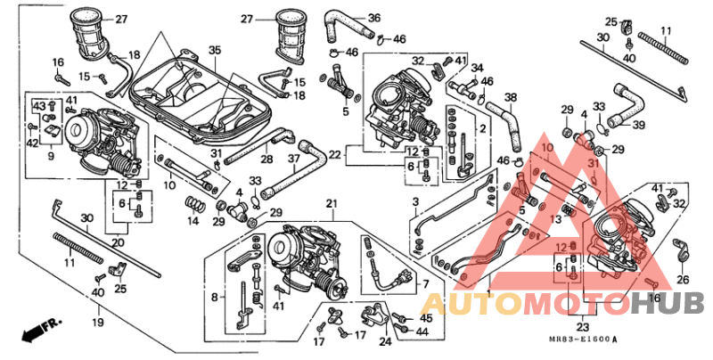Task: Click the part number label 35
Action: [x=214, y=49]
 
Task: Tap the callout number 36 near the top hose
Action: [x=373, y=18]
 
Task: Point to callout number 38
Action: [x=511, y=98]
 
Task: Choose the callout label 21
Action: [x=332, y=204]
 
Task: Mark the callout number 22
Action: [x=333, y=154]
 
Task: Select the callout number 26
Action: [x=684, y=280]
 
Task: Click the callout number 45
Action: [x=424, y=318]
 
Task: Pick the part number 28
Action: [x=267, y=159]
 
